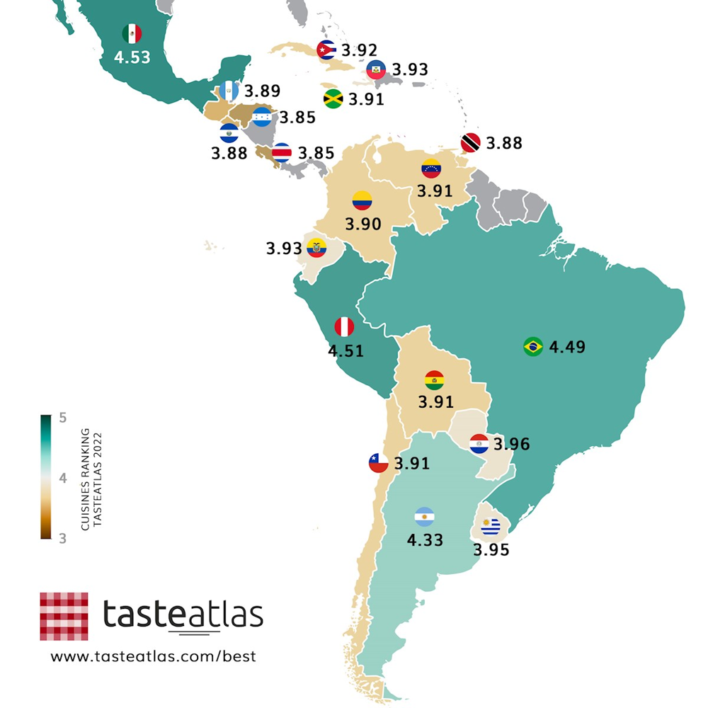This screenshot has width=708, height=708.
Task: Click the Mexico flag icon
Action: click(132, 33)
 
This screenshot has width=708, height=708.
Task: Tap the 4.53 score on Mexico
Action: click(132, 57)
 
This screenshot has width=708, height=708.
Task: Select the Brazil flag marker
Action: click(532, 346)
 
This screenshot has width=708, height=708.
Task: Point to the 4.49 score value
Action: click(567, 347)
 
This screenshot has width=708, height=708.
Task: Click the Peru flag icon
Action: click(344, 326)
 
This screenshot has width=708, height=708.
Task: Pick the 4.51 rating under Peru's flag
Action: click(346, 350)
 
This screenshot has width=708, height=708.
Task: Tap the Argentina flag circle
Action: click(425, 516)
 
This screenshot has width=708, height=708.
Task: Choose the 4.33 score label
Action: click(425, 540)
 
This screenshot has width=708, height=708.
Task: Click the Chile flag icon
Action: click(377, 463)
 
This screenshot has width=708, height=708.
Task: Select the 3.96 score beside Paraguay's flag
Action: click(511, 444)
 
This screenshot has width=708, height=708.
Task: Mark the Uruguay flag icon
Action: click(490, 527)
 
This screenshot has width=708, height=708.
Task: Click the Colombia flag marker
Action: click(362, 200)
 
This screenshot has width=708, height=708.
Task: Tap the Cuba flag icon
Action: click(326, 50)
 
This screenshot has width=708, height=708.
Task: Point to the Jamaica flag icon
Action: click(333, 98)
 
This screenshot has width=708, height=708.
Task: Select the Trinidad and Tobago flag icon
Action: click(470, 142)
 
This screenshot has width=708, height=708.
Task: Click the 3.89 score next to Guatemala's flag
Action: click(262, 91)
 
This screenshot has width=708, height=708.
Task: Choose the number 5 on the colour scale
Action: click(62, 418)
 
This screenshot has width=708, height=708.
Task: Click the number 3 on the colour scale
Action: click(62, 538)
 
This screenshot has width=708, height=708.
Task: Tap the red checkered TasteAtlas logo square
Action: click(64, 616)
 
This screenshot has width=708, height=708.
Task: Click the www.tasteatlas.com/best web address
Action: click(153, 656)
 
